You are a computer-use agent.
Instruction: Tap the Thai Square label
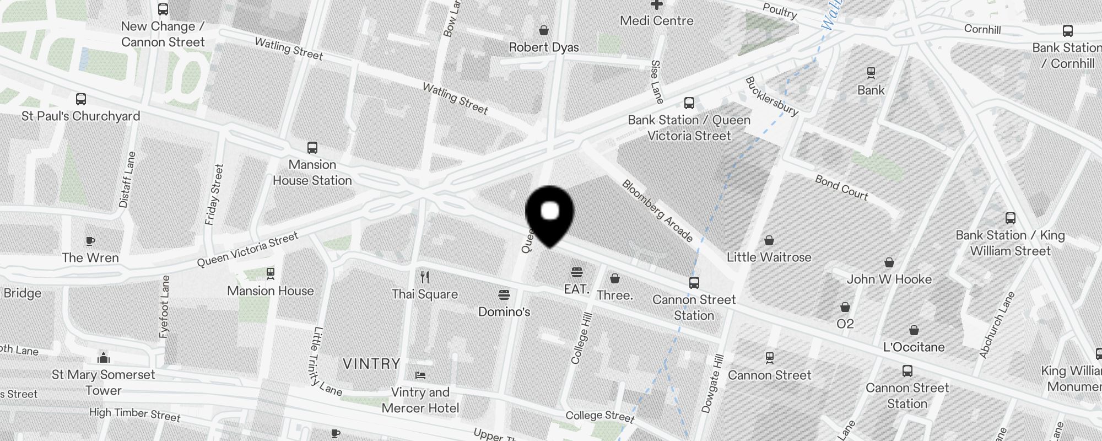tap(425, 294)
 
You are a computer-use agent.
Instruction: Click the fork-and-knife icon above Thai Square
tap(425, 277)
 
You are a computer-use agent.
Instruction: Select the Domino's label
tap(504, 312)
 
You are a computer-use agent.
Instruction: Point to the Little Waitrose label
tap(769, 257)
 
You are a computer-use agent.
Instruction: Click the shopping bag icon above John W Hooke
tap(889, 262)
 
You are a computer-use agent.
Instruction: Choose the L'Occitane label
tap(914, 347)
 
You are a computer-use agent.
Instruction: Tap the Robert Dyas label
tap(544, 47)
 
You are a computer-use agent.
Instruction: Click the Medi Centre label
tap(656, 21)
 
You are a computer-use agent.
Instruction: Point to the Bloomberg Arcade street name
tap(657, 210)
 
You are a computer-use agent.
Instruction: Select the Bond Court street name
tap(841, 187)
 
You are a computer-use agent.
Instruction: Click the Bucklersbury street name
tap(771, 96)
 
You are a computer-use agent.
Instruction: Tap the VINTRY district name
tap(371, 364)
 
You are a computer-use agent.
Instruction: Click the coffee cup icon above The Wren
tap(90, 241)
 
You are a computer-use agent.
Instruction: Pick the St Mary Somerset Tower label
tap(104, 383)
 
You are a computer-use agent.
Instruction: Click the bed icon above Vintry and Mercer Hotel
tap(420, 375)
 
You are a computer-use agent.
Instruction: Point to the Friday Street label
tap(214, 195)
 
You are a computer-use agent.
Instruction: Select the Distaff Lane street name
tap(127, 180)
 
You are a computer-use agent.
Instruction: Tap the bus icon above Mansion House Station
tap(312, 148)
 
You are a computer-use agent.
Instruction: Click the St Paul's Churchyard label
tap(81, 116)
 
